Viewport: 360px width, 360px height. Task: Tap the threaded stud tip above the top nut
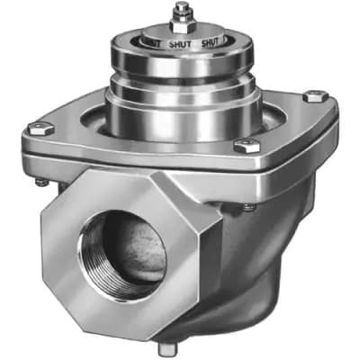[x=180, y=7]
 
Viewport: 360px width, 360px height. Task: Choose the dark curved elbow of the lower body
[x=261, y=270]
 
